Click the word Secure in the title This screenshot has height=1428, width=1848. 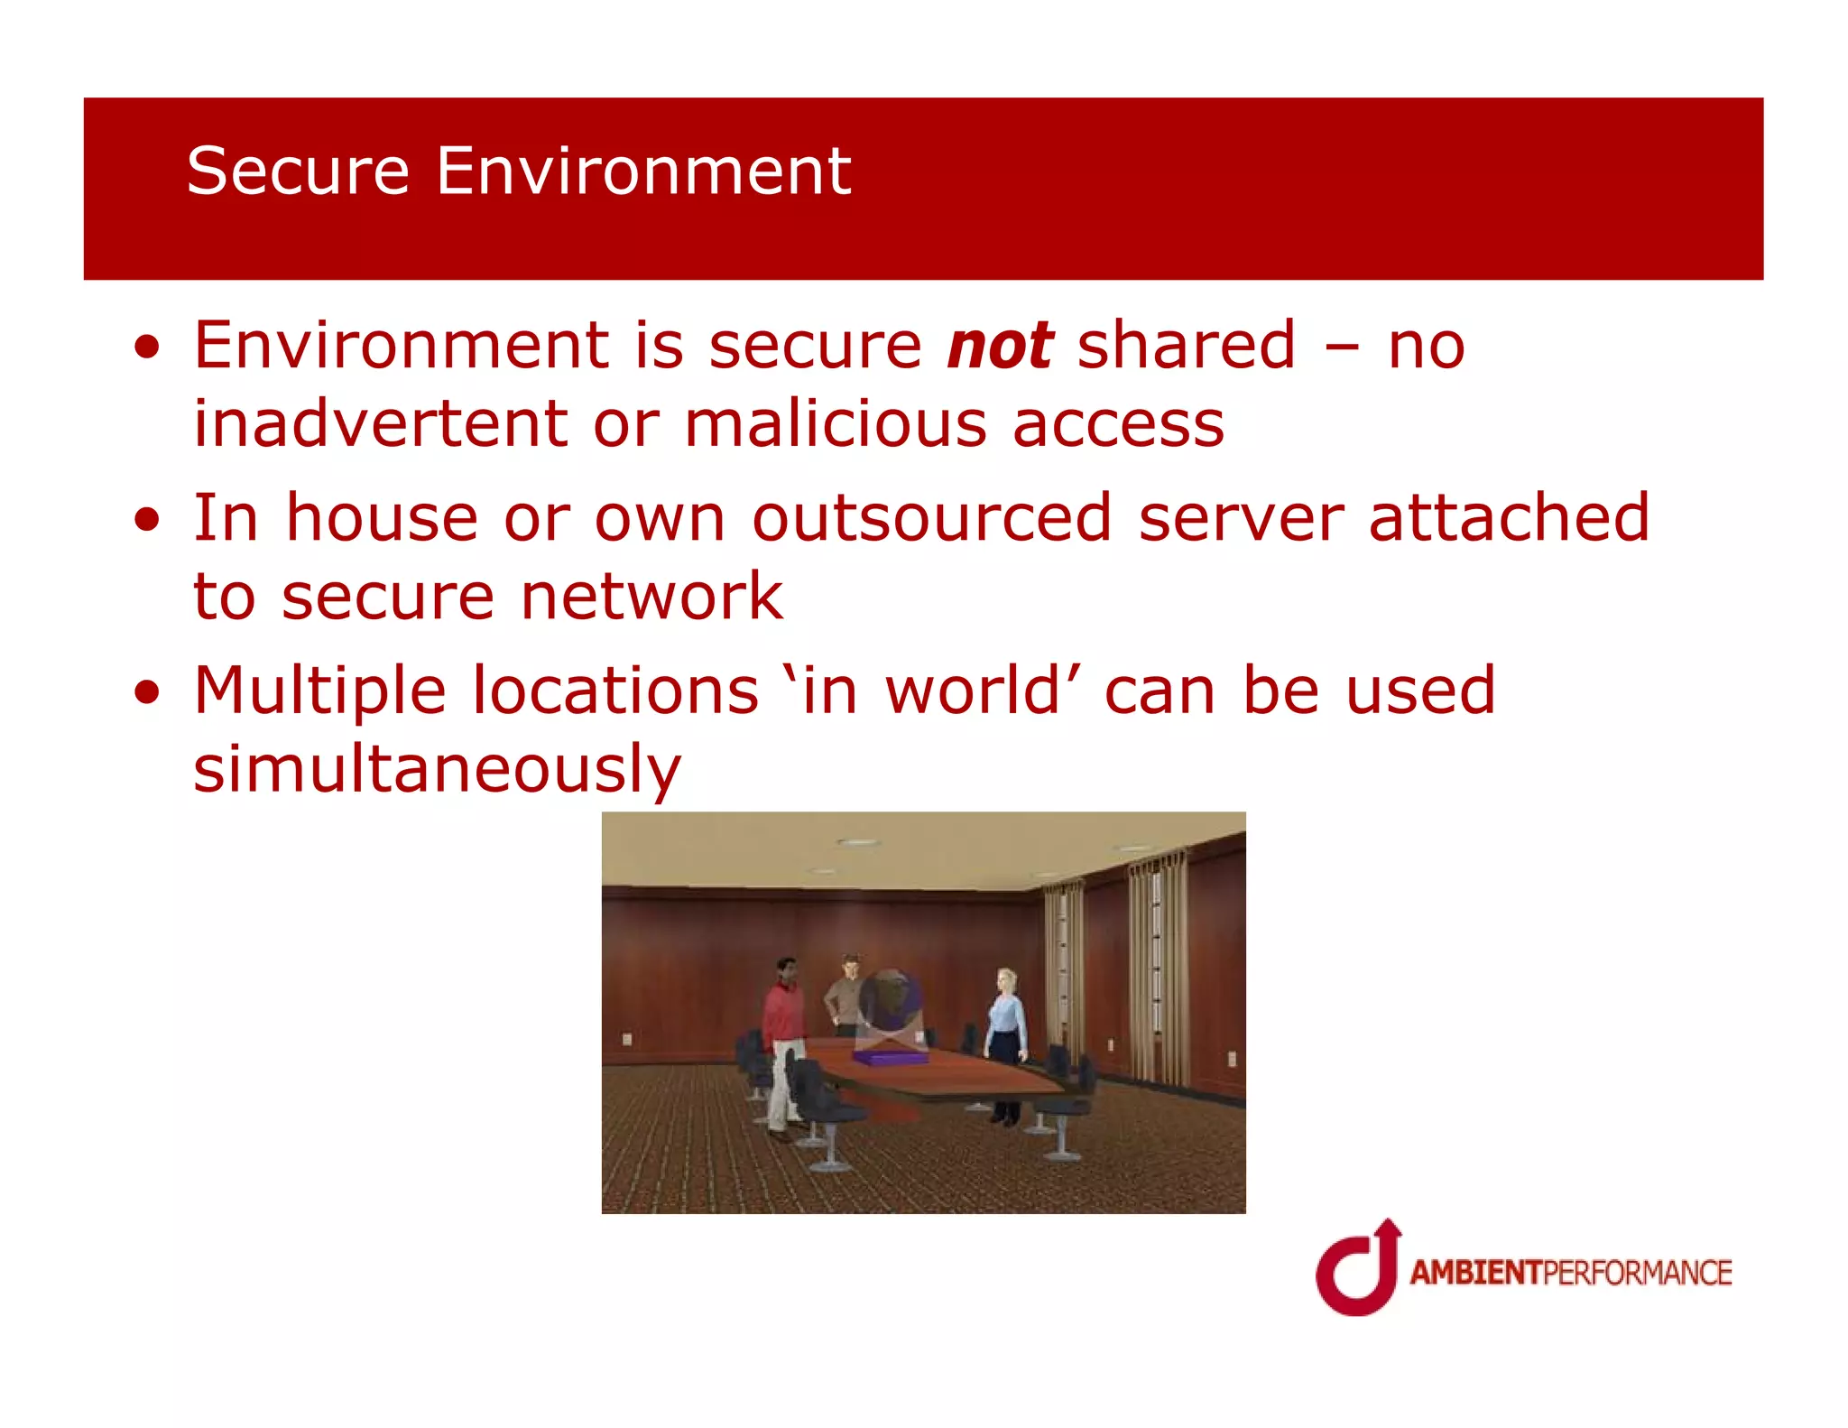pyautogui.click(x=298, y=171)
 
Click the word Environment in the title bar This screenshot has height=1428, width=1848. pyautogui.click(x=642, y=171)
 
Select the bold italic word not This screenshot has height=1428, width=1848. pyautogui.click(x=1000, y=346)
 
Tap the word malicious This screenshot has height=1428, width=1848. pyautogui.click(x=835, y=424)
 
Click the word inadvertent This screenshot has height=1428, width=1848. pyautogui.click(x=381, y=424)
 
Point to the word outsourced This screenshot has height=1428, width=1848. pyautogui.click(x=931, y=518)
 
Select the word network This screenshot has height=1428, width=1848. pyautogui.click(x=651, y=597)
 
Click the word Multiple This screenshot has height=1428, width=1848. pyautogui.click(x=319, y=691)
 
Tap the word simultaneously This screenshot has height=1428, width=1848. pyautogui.click(x=437, y=770)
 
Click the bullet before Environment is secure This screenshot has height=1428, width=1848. pyautogui.click(x=147, y=348)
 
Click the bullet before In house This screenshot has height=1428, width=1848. pyautogui.click(x=147, y=520)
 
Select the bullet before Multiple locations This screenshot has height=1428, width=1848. pyautogui.click(x=147, y=693)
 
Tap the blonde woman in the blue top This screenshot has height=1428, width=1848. pyautogui.click(x=1005, y=1038)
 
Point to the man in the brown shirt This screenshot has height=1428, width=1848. pyautogui.click(x=845, y=993)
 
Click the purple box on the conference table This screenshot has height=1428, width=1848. pyautogui.click(x=889, y=1056)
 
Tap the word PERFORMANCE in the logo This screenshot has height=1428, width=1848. pyautogui.click(x=1637, y=1273)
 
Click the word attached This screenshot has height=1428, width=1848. pyautogui.click(x=1508, y=518)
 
